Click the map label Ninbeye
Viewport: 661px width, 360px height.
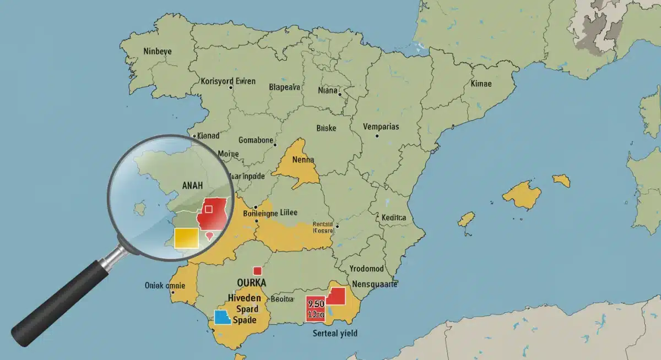(x=158, y=51)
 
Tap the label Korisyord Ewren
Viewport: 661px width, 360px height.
(x=228, y=81)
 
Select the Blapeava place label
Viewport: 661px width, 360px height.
(x=284, y=86)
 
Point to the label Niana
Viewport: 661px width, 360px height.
(x=328, y=90)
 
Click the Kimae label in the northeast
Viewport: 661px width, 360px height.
(x=481, y=84)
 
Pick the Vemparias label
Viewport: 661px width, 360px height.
(x=381, y=126)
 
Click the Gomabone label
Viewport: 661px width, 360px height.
(x=256, y=140)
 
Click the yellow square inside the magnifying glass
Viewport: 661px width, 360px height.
(x=186, y=238)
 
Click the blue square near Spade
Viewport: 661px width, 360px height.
(x=221, y=318)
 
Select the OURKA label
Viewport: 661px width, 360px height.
(x=251, y=282)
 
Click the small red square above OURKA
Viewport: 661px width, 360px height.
(x=257, y=270)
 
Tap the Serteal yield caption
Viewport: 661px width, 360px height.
(x=335, y=333)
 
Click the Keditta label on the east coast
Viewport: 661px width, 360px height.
(x=393, y=217)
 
